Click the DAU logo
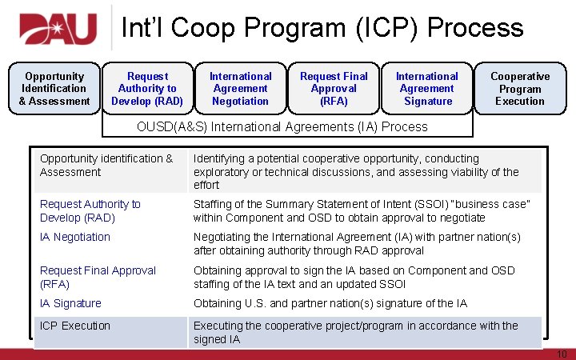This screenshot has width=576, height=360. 59,30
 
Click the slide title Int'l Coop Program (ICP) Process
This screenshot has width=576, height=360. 322,28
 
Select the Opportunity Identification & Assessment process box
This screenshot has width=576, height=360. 54,89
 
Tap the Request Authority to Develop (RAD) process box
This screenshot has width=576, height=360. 147,89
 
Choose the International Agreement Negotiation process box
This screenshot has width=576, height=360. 240,89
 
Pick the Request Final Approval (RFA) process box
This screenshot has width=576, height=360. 334,89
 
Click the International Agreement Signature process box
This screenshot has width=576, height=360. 427,89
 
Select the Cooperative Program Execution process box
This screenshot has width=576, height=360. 520,89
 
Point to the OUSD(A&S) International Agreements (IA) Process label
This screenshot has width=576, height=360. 282,126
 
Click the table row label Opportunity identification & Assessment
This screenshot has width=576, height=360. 106,165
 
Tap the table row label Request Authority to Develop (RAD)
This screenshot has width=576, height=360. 90,210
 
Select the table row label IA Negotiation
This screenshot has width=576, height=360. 75,237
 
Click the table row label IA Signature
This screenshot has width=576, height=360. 70,303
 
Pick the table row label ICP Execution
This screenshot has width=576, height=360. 75,326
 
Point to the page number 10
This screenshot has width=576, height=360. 561,354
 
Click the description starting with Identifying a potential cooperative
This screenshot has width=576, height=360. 356,171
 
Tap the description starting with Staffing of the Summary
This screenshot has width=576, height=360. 362,210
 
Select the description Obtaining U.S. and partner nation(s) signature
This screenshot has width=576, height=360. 330,303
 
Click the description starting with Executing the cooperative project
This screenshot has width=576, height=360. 355,332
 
